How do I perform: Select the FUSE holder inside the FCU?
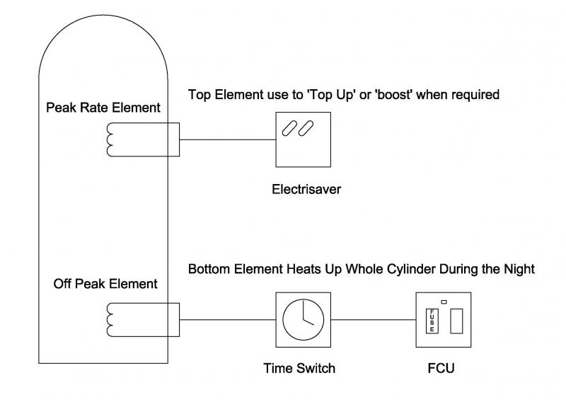click(x=431, y=321)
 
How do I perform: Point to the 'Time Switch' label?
click(x=299, y=368)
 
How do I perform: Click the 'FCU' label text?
click(x=441, y=368)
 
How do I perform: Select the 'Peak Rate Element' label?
click(x=103, y=108)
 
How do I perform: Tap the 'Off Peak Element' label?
click(x=105, y=285)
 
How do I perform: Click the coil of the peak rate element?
click(x=112, y=139)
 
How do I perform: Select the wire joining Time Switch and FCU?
click(x=371, y=319)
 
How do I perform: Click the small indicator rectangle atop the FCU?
click(x=444, y=302)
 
